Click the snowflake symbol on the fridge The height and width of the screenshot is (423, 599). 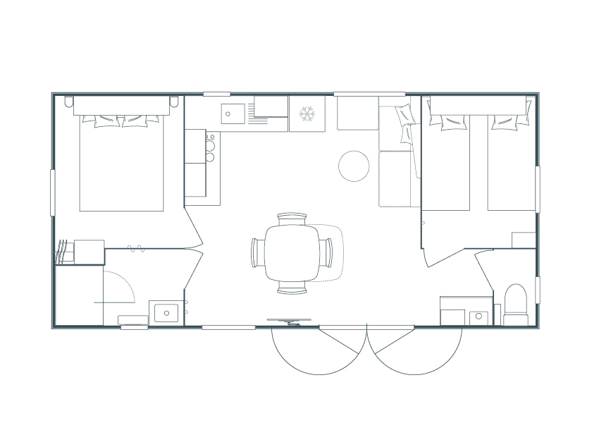tap(307, 114)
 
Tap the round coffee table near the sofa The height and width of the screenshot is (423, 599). tap(354, 166)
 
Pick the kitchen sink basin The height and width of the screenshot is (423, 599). tap(232, 113)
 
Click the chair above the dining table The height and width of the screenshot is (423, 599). tap(291, 219)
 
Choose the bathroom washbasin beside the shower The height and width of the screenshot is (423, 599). tap(166, 312)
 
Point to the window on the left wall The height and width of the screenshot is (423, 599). tap(53, 192)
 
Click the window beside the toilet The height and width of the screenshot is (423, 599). tap(537, 289)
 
